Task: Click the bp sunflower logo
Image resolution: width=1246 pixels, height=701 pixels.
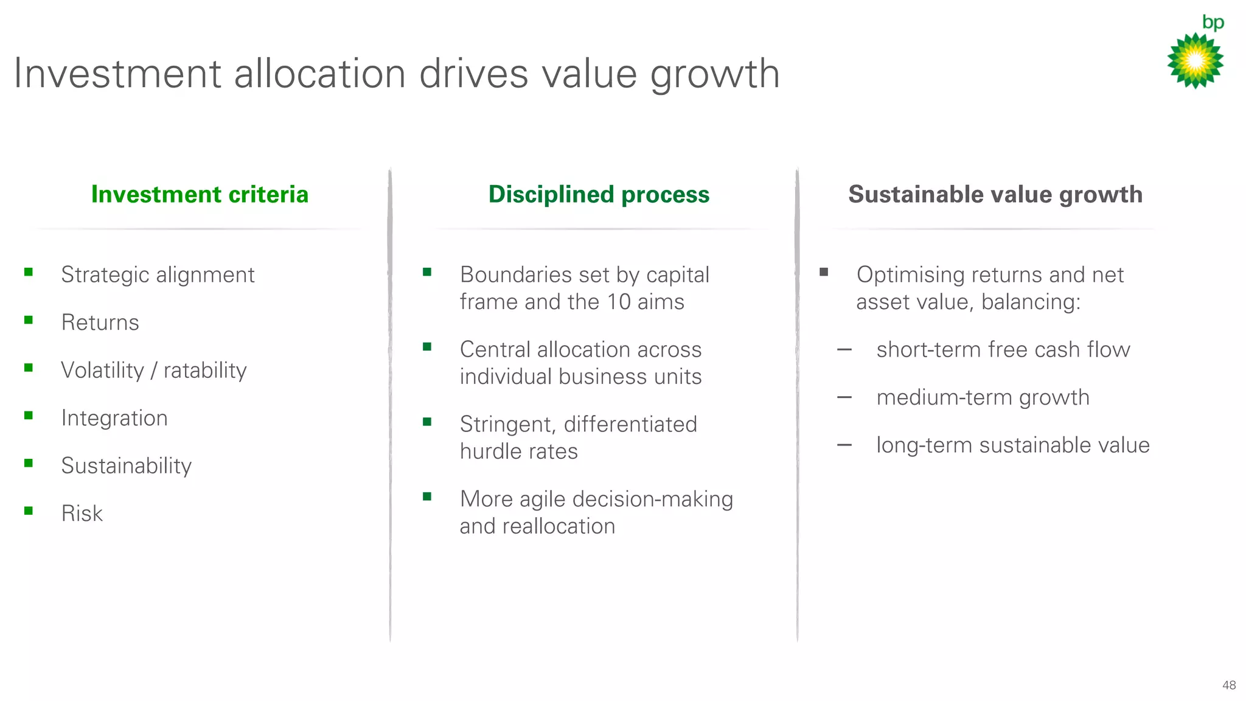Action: pyautogui.click(x=1195, y=61)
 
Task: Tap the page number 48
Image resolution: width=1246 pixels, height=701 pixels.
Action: pyautogui.click(x=1228, y=685)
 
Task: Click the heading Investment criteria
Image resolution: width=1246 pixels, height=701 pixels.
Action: pyautogui.click(x=200, y=195)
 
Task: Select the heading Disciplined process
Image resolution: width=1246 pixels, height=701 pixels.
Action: pyautogui.click(x=599, y=195)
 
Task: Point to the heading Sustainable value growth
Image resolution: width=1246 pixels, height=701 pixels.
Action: pyautogui.click(x=995, y=195)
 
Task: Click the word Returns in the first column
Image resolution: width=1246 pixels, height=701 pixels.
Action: pyautogui.click(x=100, y=323)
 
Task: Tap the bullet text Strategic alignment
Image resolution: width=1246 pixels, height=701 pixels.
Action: pyautogui.click(x=158, y=275)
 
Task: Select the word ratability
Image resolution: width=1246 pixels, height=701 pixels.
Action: pyautogui.click(x=205, y=371)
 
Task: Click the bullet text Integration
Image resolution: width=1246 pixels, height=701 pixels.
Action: pyautogui.click(x=114, y=418)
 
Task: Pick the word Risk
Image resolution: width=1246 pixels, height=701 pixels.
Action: pyautogui.click(x=82, y=514)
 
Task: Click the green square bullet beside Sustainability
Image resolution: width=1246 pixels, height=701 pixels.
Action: pyautogui.click(x=29, y=464)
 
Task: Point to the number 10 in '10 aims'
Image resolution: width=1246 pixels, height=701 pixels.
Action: pyautogui.click(x=619, y=302)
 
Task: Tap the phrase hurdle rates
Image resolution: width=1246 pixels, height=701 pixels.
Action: pyautogui.click(x=518, y=452)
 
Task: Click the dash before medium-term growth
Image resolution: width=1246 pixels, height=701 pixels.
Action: pyautogui.click(x=844, y=398)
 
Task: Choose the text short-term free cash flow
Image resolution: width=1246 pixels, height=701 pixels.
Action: pyautogui.click(x=1003, y=350)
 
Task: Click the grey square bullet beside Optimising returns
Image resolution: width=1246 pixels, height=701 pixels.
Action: pyautogui.click(x=824, y=272)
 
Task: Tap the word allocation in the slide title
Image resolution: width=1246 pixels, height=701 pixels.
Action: pyautogui.click(x=319, y=74)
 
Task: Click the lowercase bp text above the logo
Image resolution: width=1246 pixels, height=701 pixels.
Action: pyautogui.click(x=1213, y=23)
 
